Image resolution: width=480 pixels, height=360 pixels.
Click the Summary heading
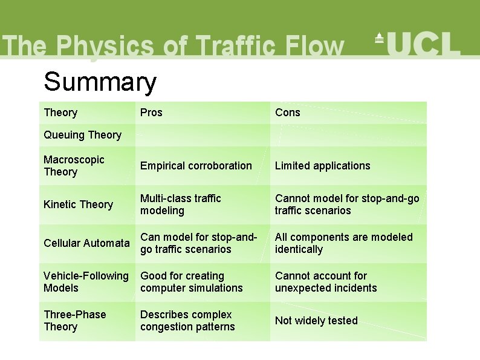(100, 82)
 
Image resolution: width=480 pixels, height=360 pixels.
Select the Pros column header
(151, 113)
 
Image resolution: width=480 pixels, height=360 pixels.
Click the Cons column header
(287, 113)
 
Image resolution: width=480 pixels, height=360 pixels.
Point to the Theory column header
(60, 113)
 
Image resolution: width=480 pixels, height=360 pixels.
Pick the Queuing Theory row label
(82, 135)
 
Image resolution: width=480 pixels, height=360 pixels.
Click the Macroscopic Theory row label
(74, 166)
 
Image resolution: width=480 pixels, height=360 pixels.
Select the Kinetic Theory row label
(78, 205)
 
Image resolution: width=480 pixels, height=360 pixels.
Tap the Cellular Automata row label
(86, 243)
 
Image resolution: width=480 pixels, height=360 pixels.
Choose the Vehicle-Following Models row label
(86, 282)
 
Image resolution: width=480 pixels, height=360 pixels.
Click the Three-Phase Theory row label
(74, 321)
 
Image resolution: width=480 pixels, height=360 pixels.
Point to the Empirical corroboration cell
(196, 166)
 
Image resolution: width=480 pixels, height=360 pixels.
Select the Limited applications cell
(322, 166)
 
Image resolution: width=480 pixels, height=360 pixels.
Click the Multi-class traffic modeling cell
(180, 205)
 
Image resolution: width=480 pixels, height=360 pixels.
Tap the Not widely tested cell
(316, 321)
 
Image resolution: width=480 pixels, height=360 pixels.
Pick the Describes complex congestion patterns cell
(187, 321)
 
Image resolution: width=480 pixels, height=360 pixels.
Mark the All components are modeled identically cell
(343, 243)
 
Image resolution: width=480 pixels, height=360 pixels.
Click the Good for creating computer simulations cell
(191, 282)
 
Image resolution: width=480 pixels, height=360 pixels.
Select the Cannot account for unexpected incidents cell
(325, 282)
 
